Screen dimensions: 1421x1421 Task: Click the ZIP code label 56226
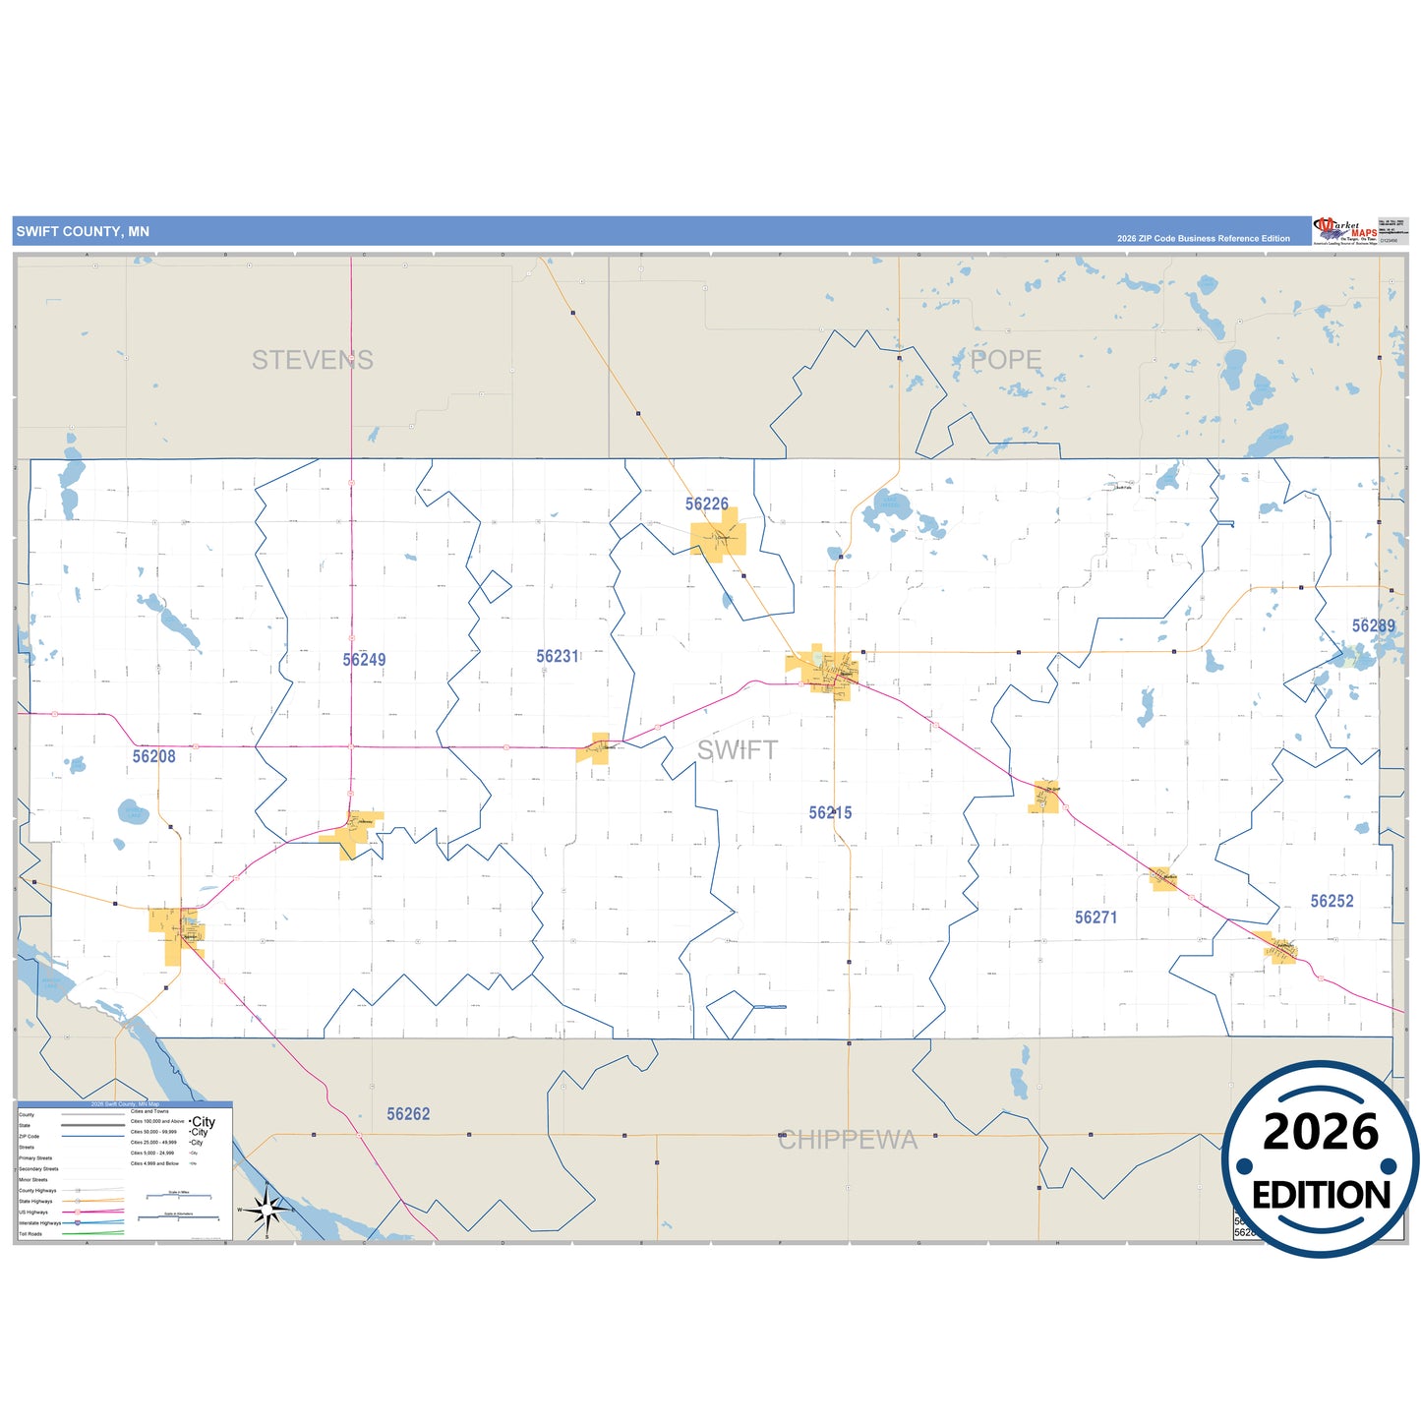706,504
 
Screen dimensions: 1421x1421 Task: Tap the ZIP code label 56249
364,660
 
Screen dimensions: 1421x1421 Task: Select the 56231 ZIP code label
558,657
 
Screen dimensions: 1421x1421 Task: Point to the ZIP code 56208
154,756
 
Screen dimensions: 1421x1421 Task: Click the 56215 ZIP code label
830,813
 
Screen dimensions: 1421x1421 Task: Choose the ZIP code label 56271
1095,918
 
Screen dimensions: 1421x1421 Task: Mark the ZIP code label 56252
1332,901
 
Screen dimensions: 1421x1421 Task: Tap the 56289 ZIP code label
1373,626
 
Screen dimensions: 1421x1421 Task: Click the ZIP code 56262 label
408,1114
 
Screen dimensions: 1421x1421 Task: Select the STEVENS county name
313,361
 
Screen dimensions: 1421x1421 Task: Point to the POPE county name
1005,361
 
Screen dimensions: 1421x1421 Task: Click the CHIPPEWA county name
848,1141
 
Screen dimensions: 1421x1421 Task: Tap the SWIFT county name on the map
737,750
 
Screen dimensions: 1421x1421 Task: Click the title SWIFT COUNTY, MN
83,232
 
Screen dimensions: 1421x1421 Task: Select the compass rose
266,1210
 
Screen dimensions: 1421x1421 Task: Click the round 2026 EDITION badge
1321,1160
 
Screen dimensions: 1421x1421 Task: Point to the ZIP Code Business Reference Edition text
1203,239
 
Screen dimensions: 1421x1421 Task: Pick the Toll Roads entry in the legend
30,1234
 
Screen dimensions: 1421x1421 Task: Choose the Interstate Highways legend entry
39,1223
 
